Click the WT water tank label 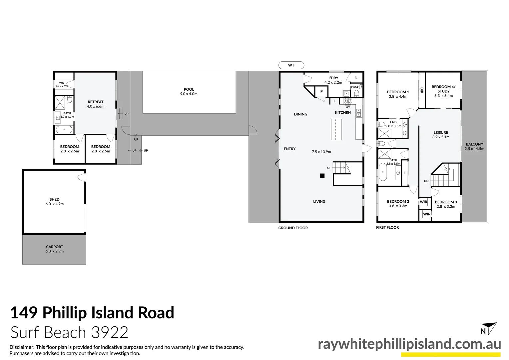click(291, 65)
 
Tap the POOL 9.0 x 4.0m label click(189, 91)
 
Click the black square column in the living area click(322, 176)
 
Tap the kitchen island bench click(336, 129)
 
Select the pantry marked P click(321, 91)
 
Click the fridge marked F click(334, 101)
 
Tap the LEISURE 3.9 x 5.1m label click(441, 134)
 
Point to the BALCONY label click(474, 146)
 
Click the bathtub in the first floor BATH click(383, 172)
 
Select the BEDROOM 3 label click(446, 204)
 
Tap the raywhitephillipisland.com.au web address click(409, 344)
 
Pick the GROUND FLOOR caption click(293, 228)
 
